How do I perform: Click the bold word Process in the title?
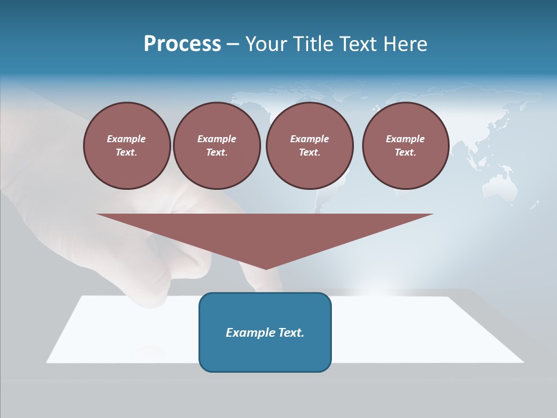(x=182, y=44)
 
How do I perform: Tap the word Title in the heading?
(x=314, y=44)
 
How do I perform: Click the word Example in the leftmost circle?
(x=126, y=139)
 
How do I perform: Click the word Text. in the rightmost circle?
(x=405, y=153)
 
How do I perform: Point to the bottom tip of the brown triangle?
(x=266, y=268)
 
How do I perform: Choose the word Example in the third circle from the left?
(x=309, y=139)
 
